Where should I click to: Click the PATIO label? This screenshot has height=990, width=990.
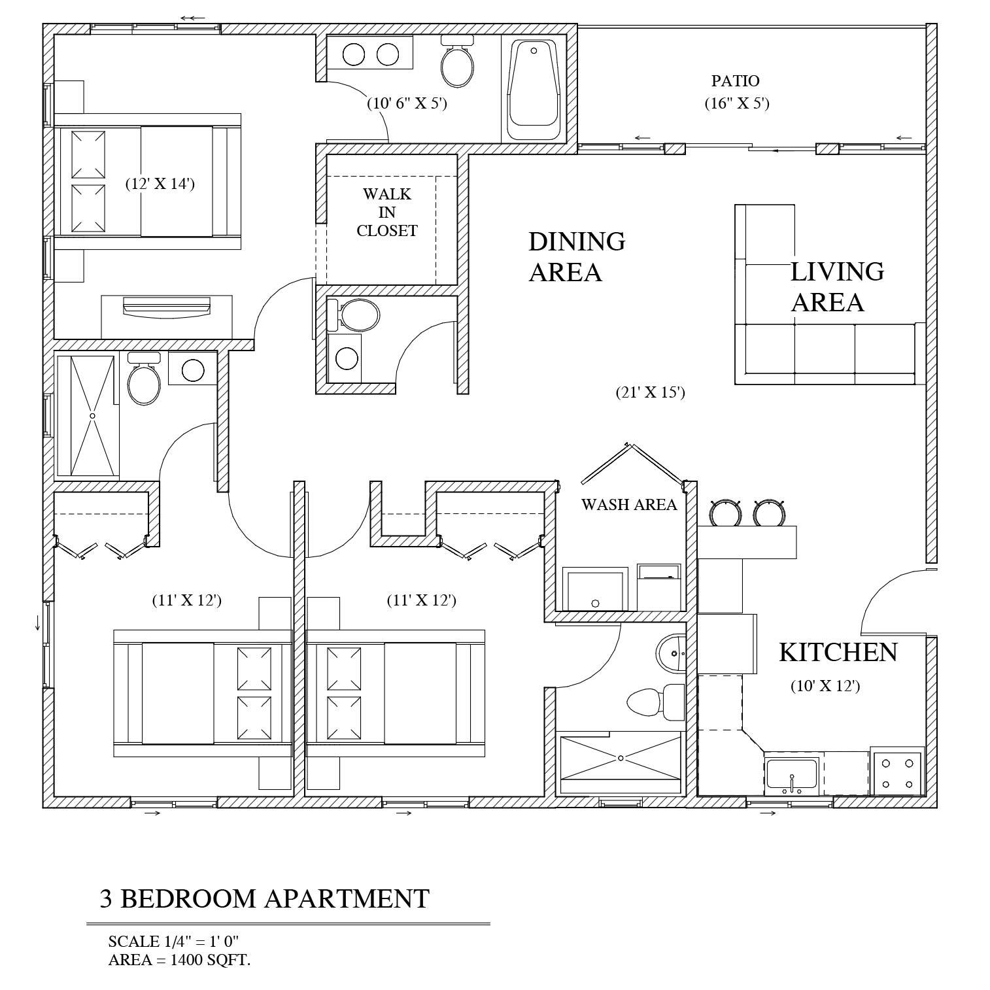click(735, 81)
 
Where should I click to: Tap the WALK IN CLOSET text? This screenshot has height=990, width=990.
click(387, 213)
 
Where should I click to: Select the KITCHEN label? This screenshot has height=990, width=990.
click(838, 652)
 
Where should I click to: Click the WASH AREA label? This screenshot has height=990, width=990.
click(629, 504)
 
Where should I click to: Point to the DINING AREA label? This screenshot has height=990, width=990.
click(576, 256)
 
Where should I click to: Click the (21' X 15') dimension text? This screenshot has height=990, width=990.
click(650, 392)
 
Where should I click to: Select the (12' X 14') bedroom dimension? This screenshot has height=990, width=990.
click(160, 184)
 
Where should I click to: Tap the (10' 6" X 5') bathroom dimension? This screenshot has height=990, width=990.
click(407, 103)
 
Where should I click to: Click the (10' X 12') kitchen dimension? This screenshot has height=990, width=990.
click(825, 686)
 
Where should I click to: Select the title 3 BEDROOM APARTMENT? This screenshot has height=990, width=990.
click(264, 898)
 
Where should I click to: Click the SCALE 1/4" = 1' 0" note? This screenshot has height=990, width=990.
click(174, 942)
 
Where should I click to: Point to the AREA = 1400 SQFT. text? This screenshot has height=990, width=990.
click(179, 961)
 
